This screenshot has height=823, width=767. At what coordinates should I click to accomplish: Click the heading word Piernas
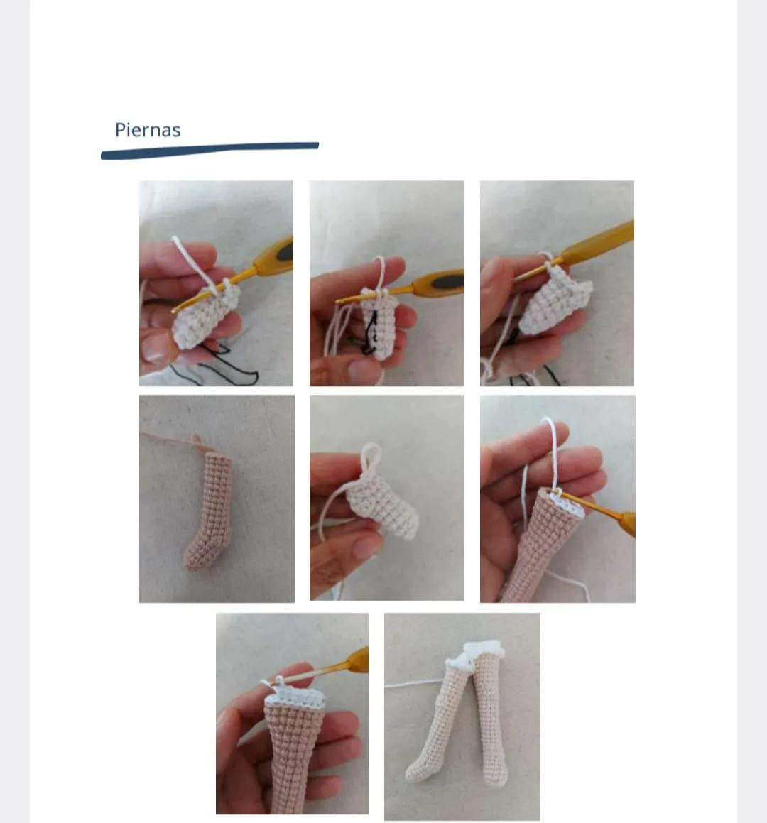coord(148,130)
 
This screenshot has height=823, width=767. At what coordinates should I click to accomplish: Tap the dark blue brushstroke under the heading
coord(210,150)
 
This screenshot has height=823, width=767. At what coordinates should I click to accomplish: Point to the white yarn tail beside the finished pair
coord(415,683)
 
